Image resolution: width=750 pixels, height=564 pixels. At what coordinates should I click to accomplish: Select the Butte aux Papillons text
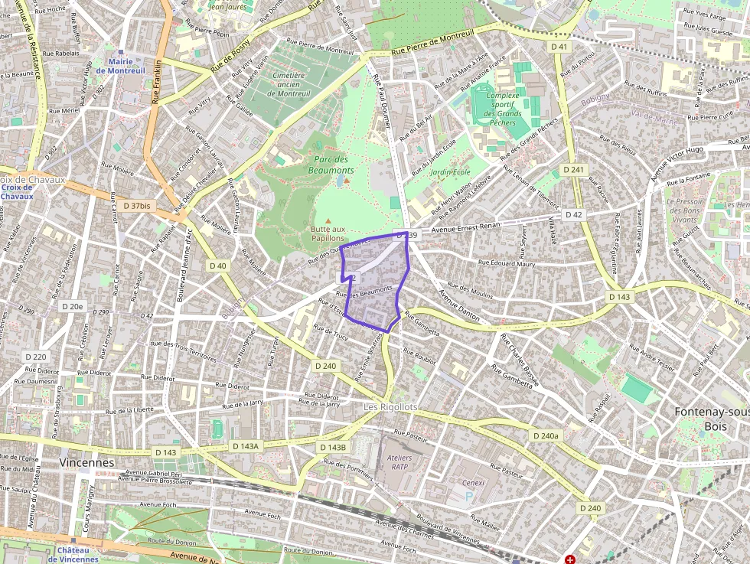[x=328, y=233]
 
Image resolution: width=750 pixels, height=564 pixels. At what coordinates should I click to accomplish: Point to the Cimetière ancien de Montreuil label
[x=289, y=84]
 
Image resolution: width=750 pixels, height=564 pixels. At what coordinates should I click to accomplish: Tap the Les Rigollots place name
[x=390, y=407]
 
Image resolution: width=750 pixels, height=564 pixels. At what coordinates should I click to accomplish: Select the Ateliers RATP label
[x=400, y=462]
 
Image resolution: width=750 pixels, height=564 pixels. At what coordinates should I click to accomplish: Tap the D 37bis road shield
[x=137, y=206]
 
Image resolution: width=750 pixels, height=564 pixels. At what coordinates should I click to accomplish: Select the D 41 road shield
[x=559, y=47]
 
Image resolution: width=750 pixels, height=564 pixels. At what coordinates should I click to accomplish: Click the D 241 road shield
[x=573, y=169]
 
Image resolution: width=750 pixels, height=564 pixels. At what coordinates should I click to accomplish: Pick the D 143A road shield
[x=246, y=446]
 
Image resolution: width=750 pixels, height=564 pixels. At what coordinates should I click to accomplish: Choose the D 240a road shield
[x=545, y=435]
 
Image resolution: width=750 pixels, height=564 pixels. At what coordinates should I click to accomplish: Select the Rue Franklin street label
[x=157, y=82]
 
